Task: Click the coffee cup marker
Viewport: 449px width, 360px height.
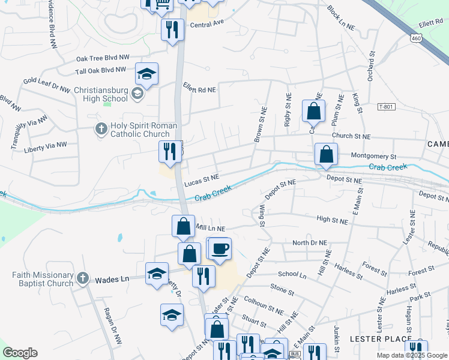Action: click(x=220, y=248)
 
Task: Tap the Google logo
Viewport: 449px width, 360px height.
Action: click(x=20, y=353)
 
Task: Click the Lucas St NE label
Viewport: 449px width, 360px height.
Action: click(x=202, y=178)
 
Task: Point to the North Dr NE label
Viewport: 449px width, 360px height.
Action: click(x=310, y=243)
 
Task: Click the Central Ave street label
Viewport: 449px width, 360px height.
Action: click(x=206, y=25)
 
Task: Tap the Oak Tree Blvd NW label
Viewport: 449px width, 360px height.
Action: click(x=103, y=58)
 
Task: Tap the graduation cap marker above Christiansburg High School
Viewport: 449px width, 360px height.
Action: click(x=146, y=74)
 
